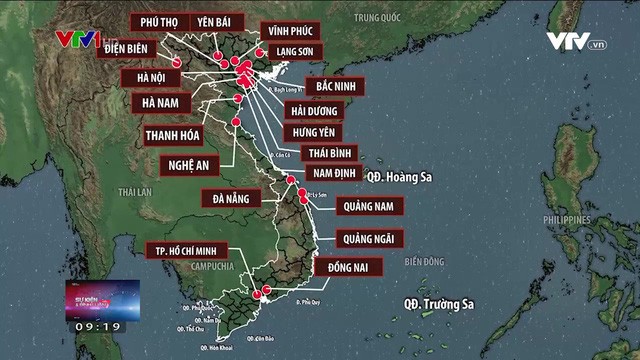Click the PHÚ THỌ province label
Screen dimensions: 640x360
(159, 21)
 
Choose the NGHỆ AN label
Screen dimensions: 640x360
(188, 165)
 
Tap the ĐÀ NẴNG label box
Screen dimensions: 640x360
(230, 198)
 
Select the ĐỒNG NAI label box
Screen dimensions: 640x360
(348, 267)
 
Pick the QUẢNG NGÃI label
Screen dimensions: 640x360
(370, 238)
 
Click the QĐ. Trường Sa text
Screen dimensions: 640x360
(438, 302)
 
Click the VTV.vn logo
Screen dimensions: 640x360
(576, 42)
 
